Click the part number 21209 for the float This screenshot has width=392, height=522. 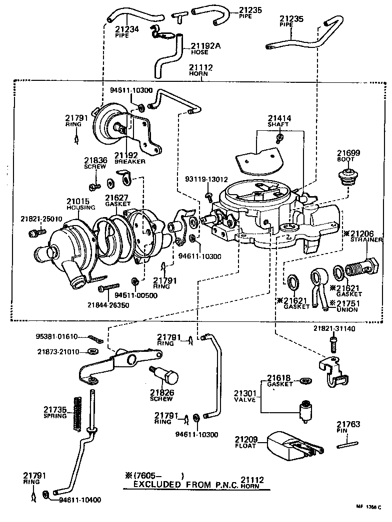pos(246,440)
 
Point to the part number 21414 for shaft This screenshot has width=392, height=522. pos(279,118)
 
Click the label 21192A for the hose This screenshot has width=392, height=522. pos(205,46)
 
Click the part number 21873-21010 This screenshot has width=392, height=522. pos(58,351)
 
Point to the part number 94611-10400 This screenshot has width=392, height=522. pos(80,500)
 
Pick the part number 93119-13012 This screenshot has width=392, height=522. pos(206,179)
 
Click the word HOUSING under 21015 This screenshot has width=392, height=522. pos(77,209)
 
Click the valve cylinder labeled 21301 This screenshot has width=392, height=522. pos(303,411)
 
